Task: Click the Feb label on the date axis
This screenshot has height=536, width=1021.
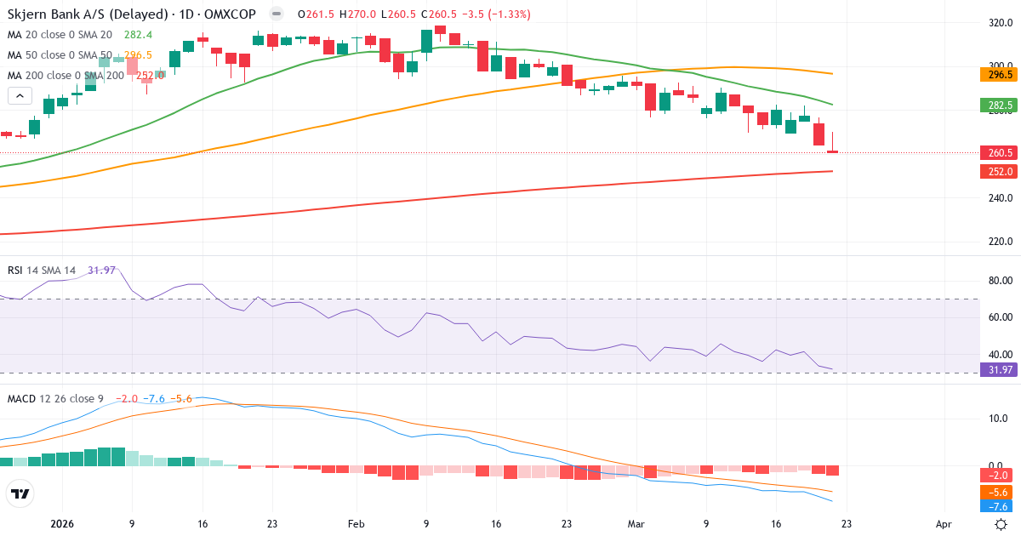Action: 356,524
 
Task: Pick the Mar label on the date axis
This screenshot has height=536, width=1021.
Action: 636,524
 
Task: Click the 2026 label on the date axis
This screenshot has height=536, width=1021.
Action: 62,524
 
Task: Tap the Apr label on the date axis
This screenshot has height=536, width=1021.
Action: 943,524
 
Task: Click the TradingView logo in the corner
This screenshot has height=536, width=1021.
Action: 20,493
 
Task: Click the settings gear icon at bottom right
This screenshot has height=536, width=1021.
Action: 1001,524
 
